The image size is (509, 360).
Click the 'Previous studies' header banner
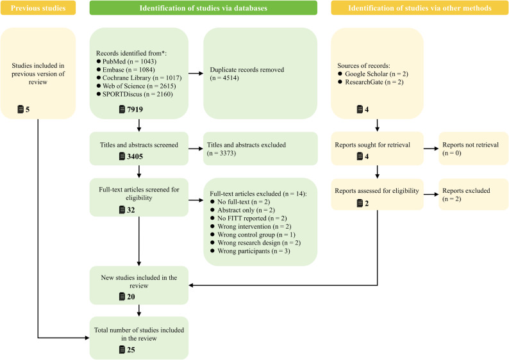point(38,8)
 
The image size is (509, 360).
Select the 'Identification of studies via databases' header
point(203,8)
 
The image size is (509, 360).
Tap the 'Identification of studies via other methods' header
point(420,8)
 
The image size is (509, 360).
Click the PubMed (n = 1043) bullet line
point(126,61)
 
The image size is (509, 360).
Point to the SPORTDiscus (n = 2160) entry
point(135,94)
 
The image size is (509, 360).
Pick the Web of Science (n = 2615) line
point(137,86)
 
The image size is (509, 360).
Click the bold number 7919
point(135,110)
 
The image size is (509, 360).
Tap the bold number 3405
point(135,156)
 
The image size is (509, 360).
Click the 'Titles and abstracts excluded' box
point(260,149)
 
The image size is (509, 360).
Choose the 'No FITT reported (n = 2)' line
point(249,218)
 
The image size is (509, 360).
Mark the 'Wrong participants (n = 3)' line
point(250,251)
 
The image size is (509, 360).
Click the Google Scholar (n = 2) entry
point(373,74)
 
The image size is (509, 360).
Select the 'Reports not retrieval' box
point(474,149)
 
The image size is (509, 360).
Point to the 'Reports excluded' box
point(474,194)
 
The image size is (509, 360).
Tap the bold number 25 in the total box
point(131,350)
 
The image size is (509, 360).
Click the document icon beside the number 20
point(122,297)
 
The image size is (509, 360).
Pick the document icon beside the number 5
point(21,110)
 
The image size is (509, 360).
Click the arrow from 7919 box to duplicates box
point(196,74)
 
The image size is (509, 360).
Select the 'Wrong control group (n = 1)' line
point(253,234)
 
